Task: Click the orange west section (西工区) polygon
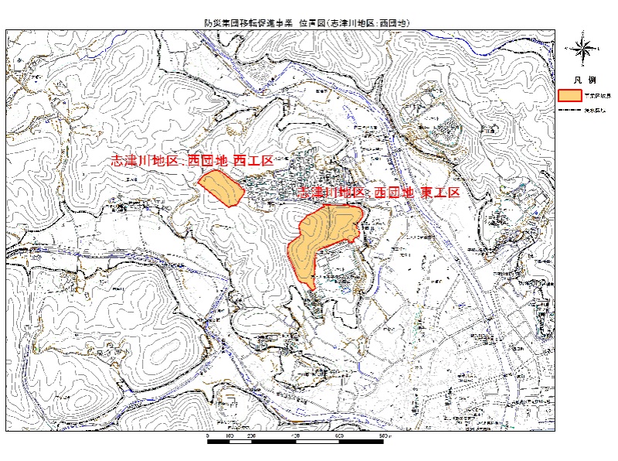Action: tap(221, 188)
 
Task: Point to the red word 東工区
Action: tap(440, 193)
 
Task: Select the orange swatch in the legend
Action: tap(569, 96)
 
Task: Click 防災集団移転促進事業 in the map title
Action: tap(250, 24)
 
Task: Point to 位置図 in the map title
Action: tap(311, 24)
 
